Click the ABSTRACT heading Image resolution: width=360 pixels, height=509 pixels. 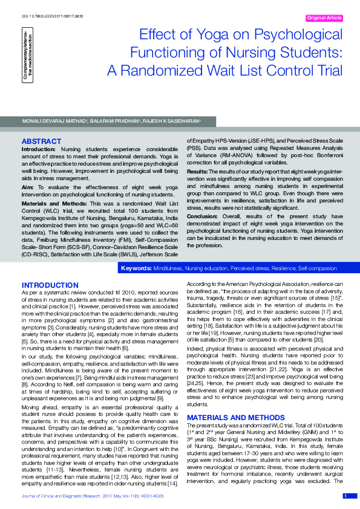coord(41,141)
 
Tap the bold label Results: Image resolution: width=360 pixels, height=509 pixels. coord(198,171)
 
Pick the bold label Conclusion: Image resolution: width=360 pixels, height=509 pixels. coord(202,216)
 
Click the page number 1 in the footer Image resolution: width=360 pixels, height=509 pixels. coord(345,496)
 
